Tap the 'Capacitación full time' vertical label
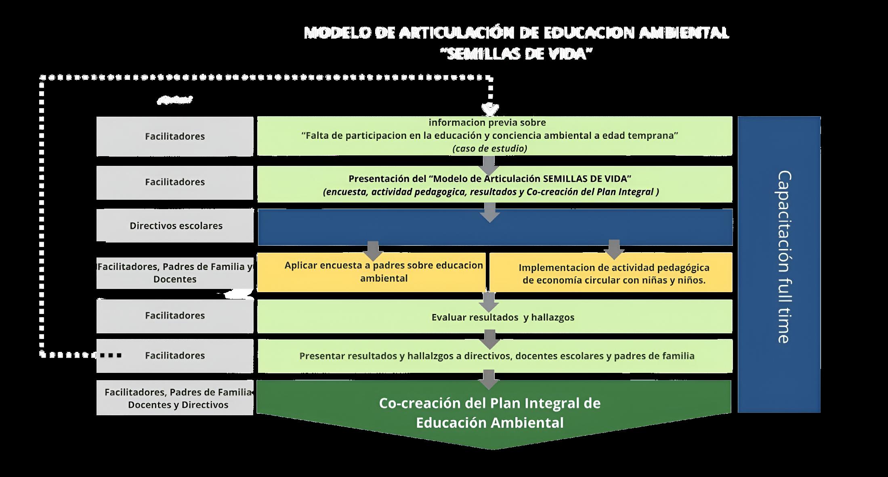click(x=783, y=257)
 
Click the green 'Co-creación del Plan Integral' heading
click(x=489, y=412)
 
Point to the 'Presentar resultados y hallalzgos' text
click(x=497, y=356)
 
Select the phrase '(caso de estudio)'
click(x=489, y=149)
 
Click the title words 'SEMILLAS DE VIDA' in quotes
click(x=516, y=54)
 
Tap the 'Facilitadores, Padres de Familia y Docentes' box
click(x=175, y=273)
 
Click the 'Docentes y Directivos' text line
click(x=178, y=405)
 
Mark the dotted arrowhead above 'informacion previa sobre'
click(x=490, y=109)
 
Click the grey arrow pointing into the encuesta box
click(x=373, y=251)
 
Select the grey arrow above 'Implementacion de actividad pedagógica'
click(x=614, y=249)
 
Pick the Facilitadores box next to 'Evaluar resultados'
click(x=175, y=316)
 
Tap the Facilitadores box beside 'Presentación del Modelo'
click(x=175, y=182)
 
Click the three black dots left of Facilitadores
click(x=111, y=356)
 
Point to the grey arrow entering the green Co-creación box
click(x=489, y=379)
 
